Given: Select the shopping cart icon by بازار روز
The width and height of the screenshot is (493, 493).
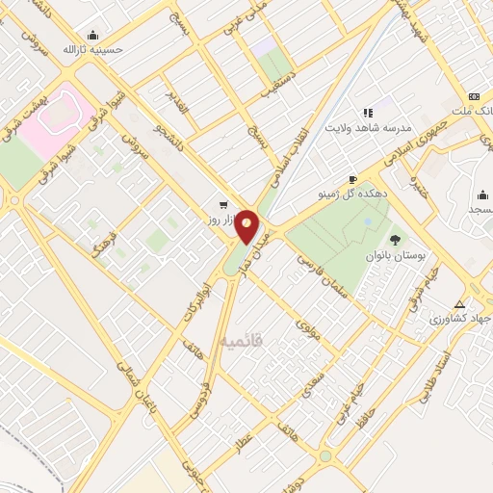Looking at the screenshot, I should coord(223,204).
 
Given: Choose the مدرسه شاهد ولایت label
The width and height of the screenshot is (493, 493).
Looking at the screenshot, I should coord(367,127).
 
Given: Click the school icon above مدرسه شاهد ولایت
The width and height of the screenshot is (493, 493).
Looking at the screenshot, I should coord(367,113).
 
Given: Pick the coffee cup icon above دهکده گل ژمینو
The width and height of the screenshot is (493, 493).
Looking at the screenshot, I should coord(353,179).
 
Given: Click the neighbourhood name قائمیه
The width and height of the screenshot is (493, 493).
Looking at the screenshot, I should coord(240,341).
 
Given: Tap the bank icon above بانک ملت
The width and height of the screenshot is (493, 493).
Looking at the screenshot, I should coord(473,96).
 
